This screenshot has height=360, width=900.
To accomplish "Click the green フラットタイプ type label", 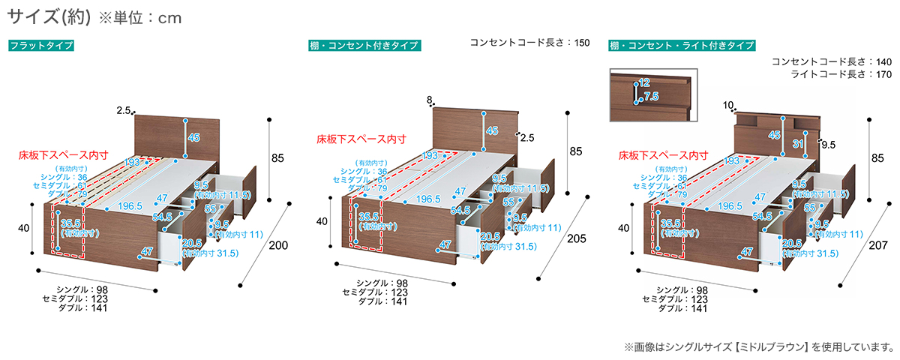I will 41,46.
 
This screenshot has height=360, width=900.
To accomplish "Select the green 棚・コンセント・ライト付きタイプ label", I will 682,46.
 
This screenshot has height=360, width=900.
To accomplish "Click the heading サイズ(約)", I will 49,17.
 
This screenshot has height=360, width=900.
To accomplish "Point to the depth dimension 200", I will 278,246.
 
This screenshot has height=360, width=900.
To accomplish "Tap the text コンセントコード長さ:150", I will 529,43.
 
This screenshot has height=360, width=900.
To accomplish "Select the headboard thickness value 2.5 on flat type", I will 124,110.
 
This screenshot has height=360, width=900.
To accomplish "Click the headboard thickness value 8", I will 429,100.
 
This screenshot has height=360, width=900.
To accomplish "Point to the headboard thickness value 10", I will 727,106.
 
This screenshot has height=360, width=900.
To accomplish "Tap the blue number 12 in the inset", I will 644,82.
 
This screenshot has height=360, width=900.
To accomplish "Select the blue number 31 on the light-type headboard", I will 799,144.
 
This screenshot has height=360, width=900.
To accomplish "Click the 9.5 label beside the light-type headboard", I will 828,145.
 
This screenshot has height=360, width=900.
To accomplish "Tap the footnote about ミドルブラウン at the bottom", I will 757,347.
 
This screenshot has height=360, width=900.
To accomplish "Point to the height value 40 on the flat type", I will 24,228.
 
